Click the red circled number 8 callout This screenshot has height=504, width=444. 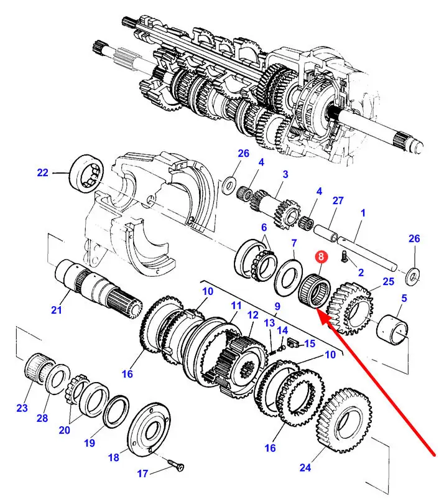click(x=321, y=256)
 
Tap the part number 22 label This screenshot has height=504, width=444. click(x=43, y=173)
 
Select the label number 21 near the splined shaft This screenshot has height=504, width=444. click(x=56, y=310)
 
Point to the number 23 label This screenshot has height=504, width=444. click(x=22, y=408)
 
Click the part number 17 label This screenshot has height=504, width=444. click(x=142, y=474)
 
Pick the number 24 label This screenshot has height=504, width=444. click(x=305, y=467)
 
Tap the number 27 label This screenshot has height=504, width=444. click(x=338, y=200)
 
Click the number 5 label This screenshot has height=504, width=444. click(x=404, y=298)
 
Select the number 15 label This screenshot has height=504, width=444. click(x=310, y=343)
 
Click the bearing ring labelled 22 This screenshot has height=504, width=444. click(x=86, y=174)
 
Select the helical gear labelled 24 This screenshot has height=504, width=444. click(x=344, y=421)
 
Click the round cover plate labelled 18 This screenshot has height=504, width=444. click(x=149, y=429)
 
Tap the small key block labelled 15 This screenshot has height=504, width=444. click(x=292, y=343)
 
